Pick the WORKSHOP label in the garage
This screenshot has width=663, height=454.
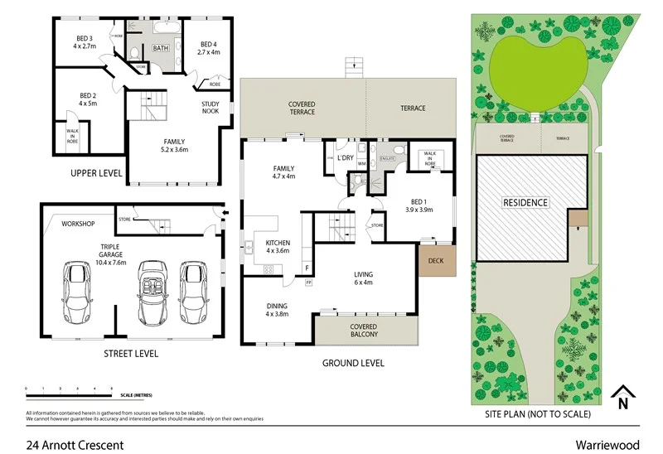tap(79, 224)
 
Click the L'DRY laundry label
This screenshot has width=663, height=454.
tap(346, 157)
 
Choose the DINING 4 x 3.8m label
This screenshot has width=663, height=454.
tap(276, 311)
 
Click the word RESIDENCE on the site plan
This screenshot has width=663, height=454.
tap(525, 202)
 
